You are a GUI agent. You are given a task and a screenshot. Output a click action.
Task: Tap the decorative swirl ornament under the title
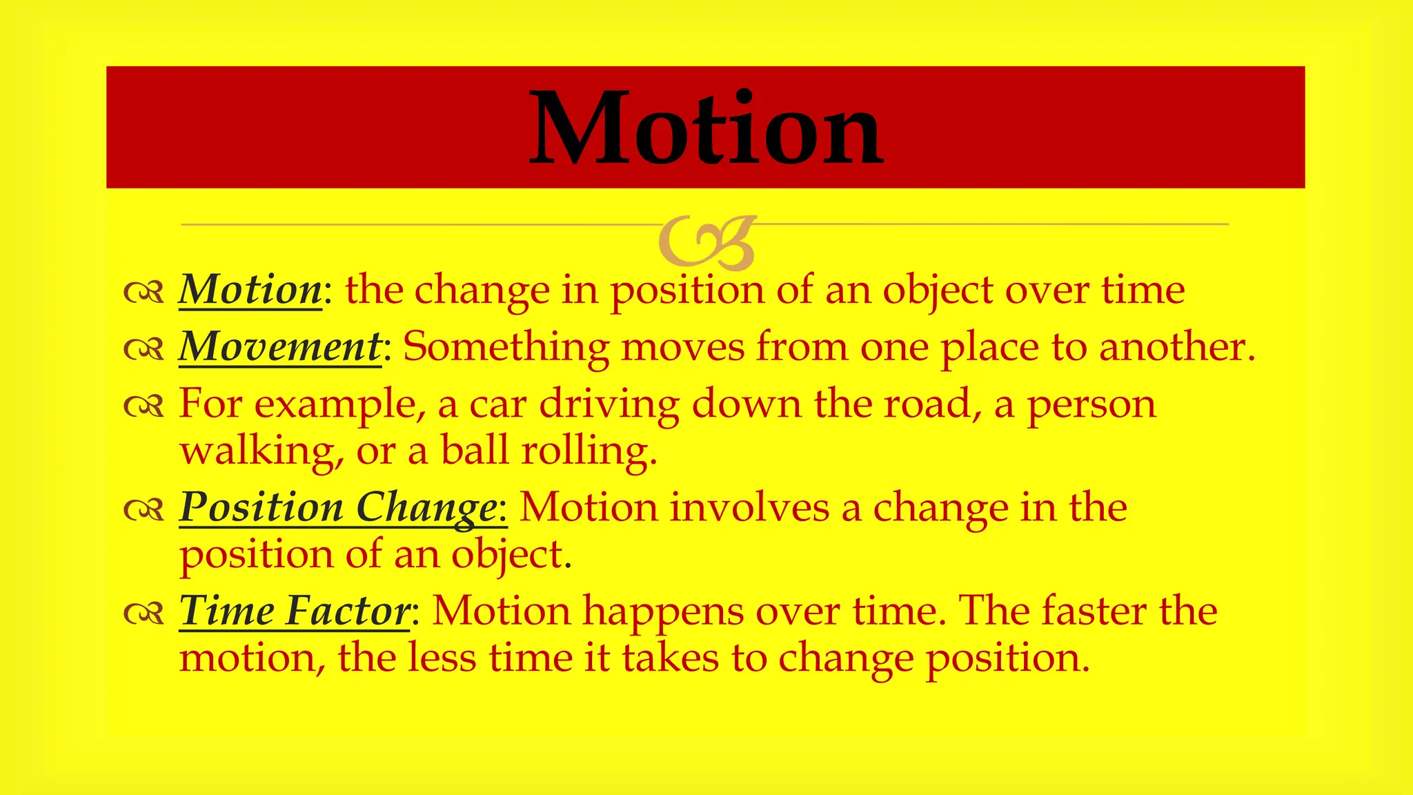point(706,242)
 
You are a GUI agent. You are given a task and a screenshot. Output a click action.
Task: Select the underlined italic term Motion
point(250,289)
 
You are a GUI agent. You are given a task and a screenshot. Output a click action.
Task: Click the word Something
point(506,347)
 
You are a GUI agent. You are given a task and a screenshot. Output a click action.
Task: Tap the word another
point(1176,346)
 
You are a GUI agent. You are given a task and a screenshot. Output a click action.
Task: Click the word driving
point(609,405)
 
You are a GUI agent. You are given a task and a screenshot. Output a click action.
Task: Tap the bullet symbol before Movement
point(144,349)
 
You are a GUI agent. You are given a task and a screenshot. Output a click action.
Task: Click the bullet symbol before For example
point(144,406)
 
